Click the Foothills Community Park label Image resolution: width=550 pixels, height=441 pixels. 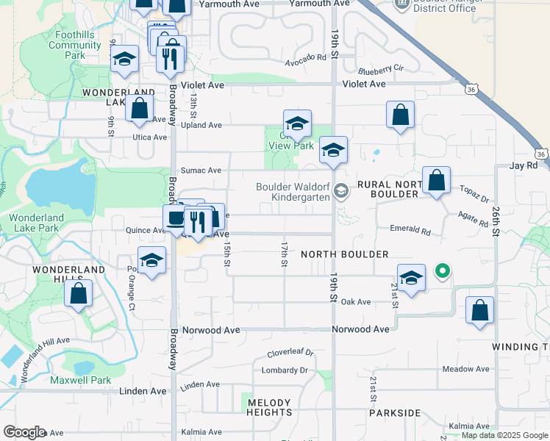(x=76, y=45)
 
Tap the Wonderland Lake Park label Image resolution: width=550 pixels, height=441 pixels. (x=43, y=223)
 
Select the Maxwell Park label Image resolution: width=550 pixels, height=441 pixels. (x=80, y=380)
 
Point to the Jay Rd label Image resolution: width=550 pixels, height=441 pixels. (x=524, y=166)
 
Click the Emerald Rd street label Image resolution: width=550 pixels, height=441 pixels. (x=410, y=230)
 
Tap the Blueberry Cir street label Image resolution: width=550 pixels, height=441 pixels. (x=381, y=69)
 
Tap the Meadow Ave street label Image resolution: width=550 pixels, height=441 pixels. (x=465, y=369)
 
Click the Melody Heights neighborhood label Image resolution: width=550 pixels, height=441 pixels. (x=270, y=407)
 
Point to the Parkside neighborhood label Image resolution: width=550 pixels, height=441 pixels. (x=394, y=412)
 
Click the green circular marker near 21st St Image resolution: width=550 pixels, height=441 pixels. (x=442, y=272)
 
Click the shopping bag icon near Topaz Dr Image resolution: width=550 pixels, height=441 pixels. (x=436, y=180)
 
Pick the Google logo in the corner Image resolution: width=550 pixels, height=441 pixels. (x=24, y=432)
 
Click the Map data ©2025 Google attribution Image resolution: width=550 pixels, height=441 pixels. (x=504, y=435)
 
